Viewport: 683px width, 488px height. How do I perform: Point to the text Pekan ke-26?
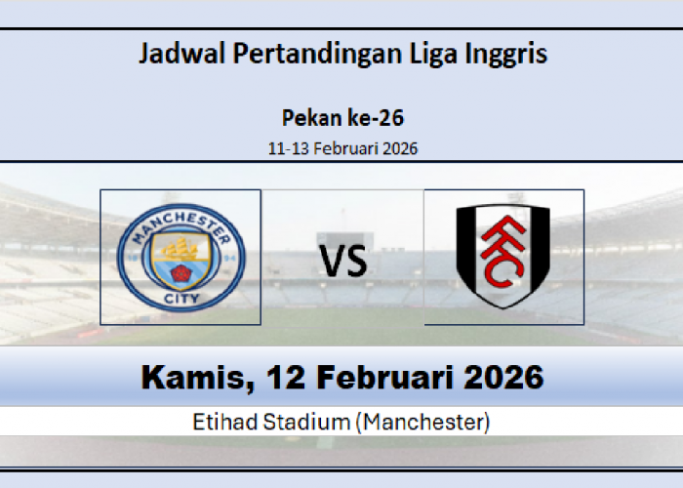342,118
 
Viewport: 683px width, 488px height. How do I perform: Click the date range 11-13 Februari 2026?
342,148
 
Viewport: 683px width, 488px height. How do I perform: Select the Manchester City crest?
181,257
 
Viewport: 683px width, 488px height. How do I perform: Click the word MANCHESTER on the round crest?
181,224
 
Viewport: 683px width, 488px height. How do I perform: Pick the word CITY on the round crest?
181,295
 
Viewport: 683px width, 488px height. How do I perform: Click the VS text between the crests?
342,261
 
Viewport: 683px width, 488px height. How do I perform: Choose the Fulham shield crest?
503,257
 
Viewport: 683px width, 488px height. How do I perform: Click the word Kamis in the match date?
187,378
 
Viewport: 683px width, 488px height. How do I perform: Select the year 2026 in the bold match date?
502,378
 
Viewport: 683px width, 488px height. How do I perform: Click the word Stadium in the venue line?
311,422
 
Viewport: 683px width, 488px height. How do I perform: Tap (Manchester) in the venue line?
422,422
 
